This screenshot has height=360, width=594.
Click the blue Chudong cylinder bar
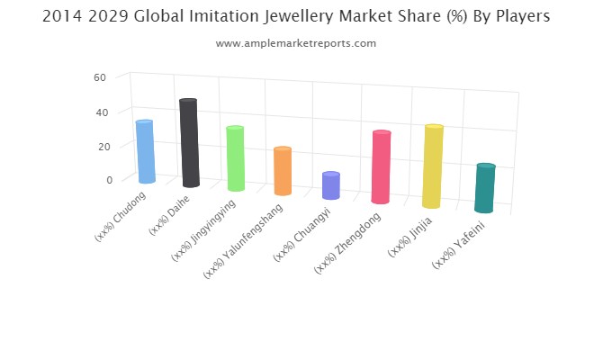coord(145,151)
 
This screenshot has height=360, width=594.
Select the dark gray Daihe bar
coord(189,143)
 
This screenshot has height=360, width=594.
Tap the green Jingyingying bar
coord(235,158)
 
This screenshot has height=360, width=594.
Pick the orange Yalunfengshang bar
coord(283,171)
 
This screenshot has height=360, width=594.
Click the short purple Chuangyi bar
coord(331,185)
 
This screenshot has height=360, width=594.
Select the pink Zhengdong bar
coord(381,167)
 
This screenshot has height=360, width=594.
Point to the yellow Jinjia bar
coord(433,166)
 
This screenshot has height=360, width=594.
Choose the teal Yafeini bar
coord(485,188)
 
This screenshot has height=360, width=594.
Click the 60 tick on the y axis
coord(100,77)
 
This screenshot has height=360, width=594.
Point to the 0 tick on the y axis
coord(109,179)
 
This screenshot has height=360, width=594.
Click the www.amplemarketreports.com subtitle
coord(297,43)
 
